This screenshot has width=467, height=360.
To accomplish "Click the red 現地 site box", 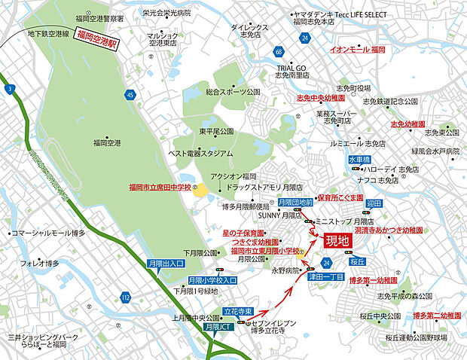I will coord(337,242).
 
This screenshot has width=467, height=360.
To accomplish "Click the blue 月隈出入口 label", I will coord(166,264).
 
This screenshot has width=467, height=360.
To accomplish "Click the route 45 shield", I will coord(130,95).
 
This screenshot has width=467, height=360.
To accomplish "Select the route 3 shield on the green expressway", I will coord(10,90).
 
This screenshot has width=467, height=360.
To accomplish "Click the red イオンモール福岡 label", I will coord(358,49).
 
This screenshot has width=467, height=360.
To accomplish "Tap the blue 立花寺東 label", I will coord(237,310).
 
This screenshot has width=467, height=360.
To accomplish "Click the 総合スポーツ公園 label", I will coord(233,92).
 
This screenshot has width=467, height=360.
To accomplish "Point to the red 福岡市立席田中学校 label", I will coord(160,186).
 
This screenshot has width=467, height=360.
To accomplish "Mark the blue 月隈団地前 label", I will coord(295,203).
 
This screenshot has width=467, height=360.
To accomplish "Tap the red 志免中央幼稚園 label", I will coord(320,98).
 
